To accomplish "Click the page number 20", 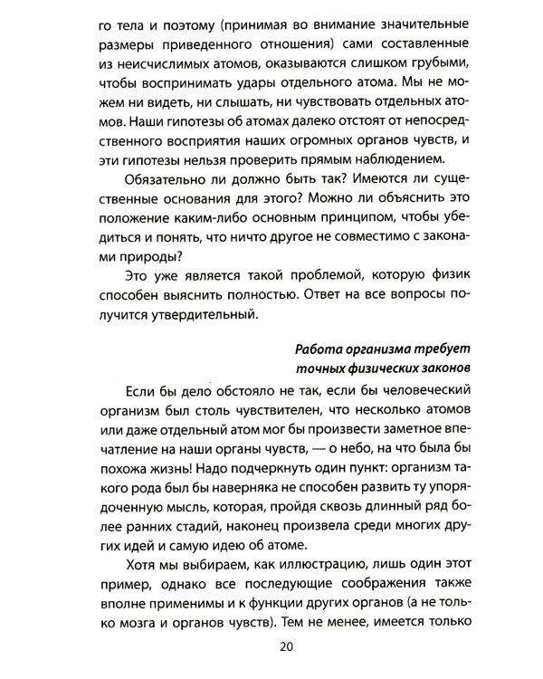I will point(289,646).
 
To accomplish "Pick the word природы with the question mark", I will point(124,261).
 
